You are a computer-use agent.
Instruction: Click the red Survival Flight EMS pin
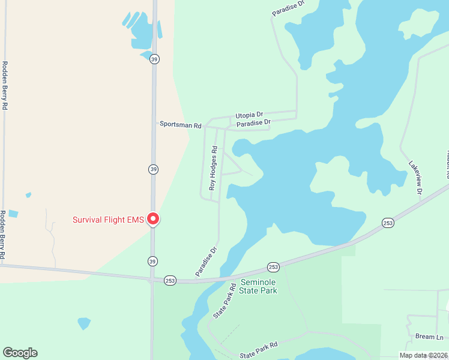point(153,219)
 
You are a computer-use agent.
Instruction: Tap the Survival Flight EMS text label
point(108,220)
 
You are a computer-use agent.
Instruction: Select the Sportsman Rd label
point(181,124)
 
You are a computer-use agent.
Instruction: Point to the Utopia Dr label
point(249,115)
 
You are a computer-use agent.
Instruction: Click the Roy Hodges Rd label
point(212,170)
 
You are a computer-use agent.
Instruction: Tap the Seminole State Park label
point(259,286)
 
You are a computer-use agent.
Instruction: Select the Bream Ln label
point(429,337)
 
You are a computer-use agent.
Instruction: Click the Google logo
point(20,353)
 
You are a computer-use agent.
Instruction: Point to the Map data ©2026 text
point(424,355)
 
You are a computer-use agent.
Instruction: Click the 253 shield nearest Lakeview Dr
point(388,223)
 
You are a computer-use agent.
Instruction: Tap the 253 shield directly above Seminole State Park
point(273,267)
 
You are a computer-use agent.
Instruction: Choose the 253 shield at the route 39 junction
point(170,281)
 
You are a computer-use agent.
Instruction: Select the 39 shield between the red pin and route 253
point(154,260)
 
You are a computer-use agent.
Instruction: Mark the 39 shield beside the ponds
point(154,59)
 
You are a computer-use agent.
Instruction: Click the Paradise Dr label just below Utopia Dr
point(253,123)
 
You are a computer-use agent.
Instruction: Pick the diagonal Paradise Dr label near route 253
point(205,262)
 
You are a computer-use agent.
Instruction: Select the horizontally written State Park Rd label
point(259,346)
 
